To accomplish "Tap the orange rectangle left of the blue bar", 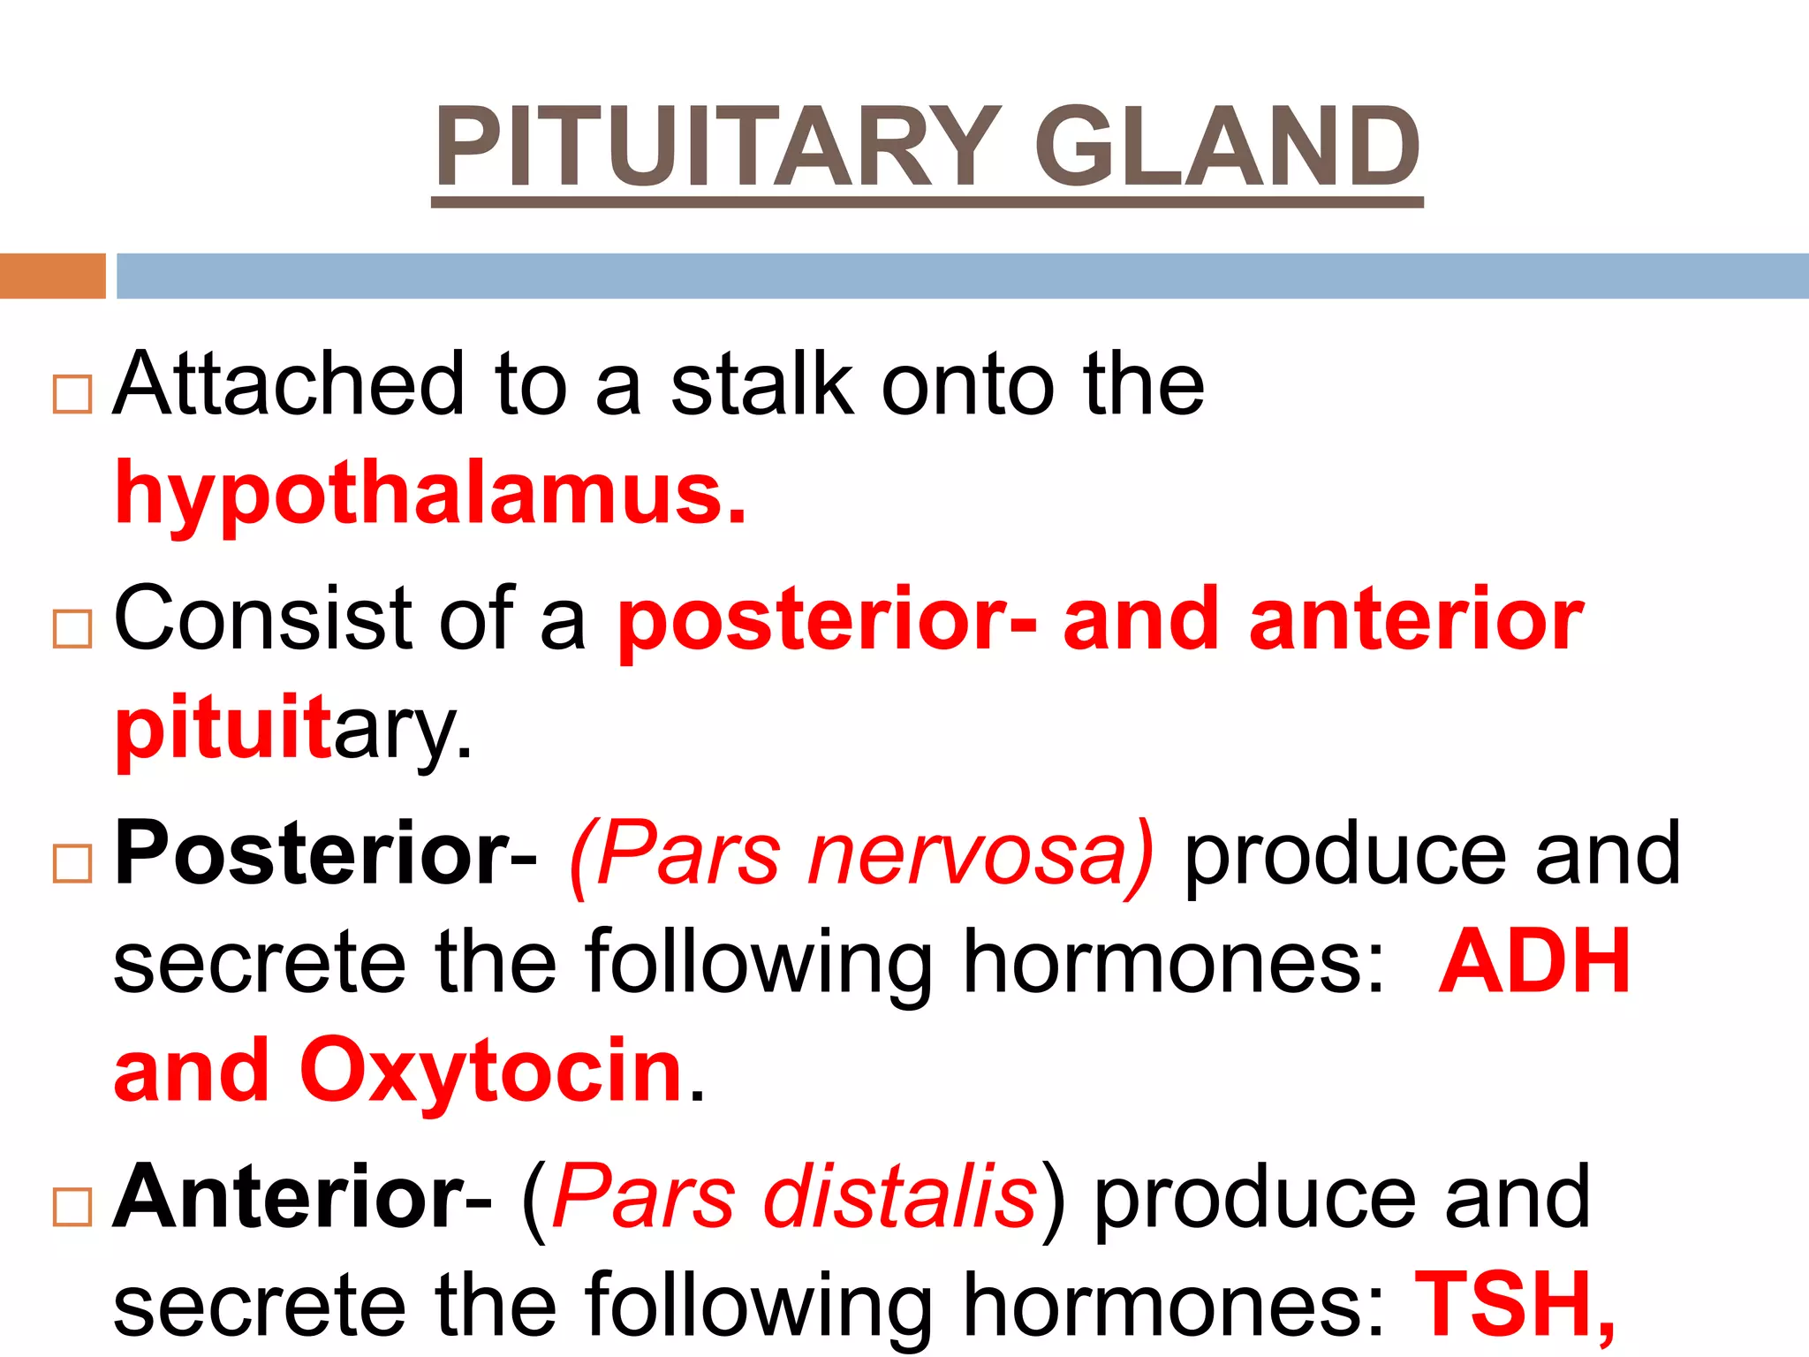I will (52, 276).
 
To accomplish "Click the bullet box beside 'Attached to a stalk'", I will (72, 394).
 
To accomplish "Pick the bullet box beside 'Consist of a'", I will (72, 628).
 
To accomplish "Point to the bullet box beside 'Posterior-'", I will (72, 863).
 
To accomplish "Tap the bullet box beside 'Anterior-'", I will (72, 1207).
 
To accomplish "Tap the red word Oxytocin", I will (491, 1072).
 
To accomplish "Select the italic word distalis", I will (900, 1197).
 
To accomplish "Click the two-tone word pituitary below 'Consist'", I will (292, 730).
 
